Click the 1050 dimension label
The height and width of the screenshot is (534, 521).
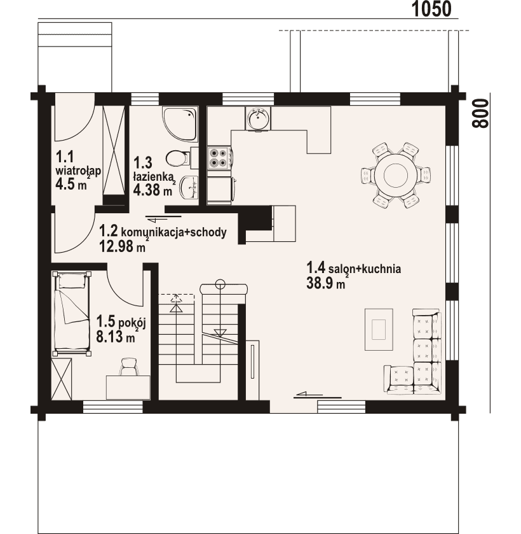coord(431,9)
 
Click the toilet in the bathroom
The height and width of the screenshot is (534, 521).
coord(177,156)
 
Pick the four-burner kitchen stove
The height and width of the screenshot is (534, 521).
coord(219,158)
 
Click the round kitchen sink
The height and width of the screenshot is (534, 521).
coord(257,118)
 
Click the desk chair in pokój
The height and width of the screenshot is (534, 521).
coord(129,366)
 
